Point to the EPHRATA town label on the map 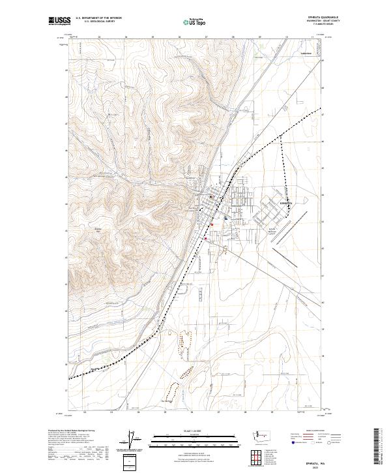(287, 204)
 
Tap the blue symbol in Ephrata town (225, 219)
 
